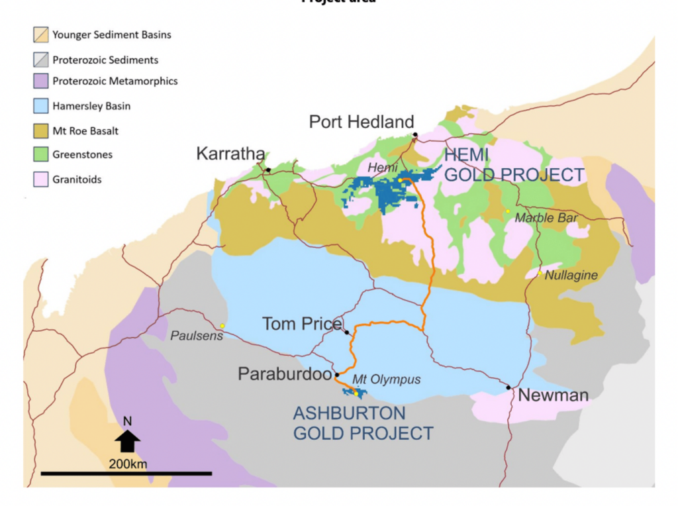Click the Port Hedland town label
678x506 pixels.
click(362, 122)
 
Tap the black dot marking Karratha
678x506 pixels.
click(268, 170)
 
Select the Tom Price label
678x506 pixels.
click(301, 324)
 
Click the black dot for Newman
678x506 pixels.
click(508, 387)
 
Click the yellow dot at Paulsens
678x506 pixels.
click(222, 326)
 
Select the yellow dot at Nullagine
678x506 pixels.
click(540, 274)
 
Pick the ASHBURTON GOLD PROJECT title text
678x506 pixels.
click(363, 424)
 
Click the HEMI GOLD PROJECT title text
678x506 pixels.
click(514, 166)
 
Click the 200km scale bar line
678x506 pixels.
click(126, 474)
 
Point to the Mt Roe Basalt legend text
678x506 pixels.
click(85, 130)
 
